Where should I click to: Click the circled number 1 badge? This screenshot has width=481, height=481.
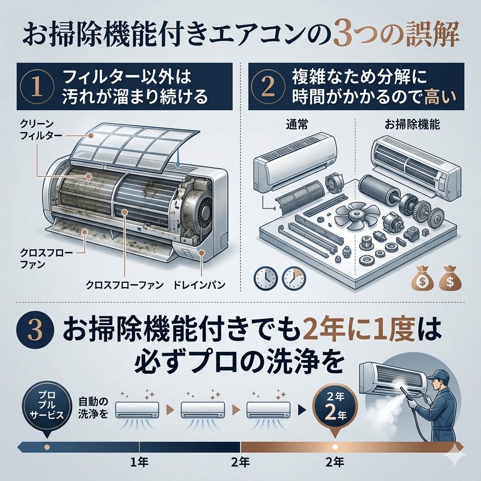tap(37, 86)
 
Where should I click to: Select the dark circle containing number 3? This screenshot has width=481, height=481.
tap(36, 331)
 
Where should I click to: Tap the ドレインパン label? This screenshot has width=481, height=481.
tap(199, 285)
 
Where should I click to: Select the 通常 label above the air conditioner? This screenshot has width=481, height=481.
tap(297, 124)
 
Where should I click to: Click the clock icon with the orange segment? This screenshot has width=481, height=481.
tap(294, 278)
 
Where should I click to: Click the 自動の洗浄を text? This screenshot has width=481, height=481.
tap(93, 408)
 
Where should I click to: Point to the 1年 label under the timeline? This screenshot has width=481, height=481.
tap(139, 462)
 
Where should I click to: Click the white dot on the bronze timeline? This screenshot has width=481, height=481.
tap(335, 447)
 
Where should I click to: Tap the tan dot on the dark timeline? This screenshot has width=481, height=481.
tap(47, 447)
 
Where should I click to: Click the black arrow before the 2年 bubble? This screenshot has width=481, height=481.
tap(302, 410)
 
